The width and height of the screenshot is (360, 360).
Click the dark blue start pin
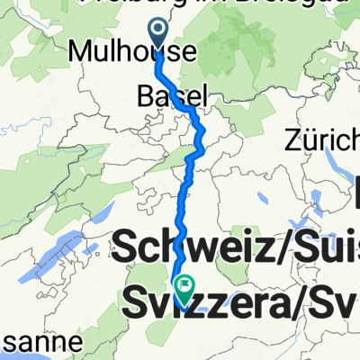pos(158,34)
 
